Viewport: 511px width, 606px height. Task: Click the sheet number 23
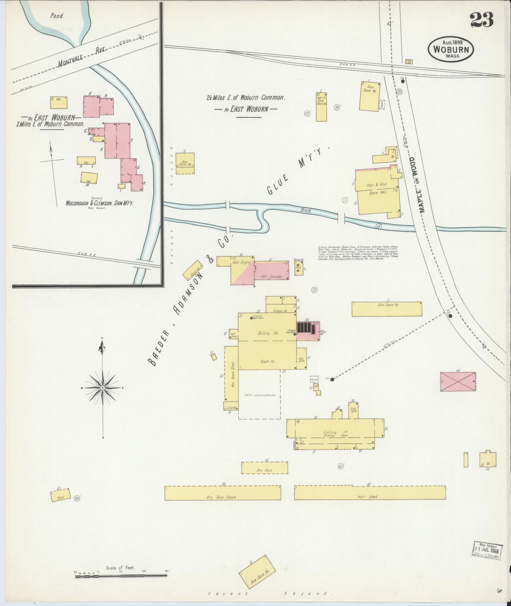tap(482, 20)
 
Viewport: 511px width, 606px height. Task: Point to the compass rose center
tap(103, 388)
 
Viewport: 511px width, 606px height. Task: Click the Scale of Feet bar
tap(121, 576)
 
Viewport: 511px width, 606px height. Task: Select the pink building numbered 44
tap(458, 381)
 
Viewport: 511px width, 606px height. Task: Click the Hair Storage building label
tap(271, 276)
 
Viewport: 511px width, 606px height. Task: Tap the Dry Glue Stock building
tap(222, 493)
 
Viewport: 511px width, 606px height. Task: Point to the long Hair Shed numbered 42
tap(370, 493)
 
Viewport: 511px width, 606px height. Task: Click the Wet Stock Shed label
tap(233, 375)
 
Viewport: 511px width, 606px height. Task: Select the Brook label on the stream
tap(306, 210)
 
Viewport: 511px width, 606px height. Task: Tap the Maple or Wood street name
tap(417, 185)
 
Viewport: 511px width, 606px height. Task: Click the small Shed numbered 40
tap(60, 495)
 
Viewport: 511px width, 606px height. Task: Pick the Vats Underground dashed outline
tap(260, 395)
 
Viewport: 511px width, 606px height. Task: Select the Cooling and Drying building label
tap(330, 434)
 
